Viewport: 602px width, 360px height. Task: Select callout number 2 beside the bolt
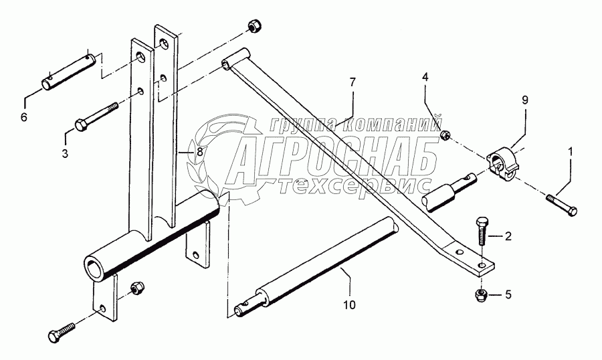(508, 236)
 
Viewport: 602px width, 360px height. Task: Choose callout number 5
(508, 294)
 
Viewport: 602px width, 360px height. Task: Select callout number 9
(525, 100)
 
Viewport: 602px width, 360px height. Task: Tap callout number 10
(349, 305)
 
